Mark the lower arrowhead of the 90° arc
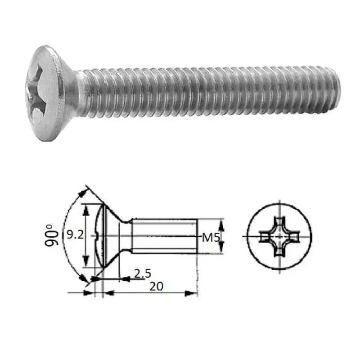(85, 280)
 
